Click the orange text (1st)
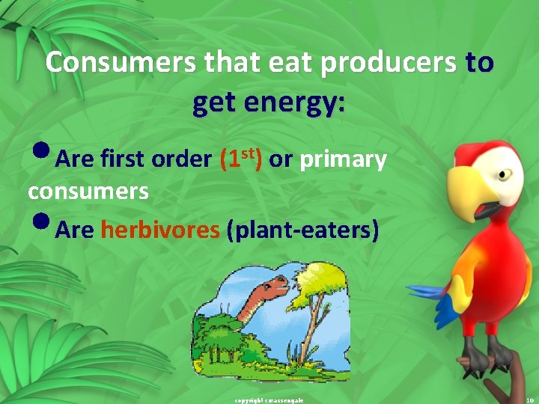coord(241,158)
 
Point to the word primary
coord(343,159)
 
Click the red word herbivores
coord(161,229)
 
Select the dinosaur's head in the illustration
coord(271,284)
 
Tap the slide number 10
coord(529,400)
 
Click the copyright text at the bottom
coord(269,400)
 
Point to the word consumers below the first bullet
coord(88,192)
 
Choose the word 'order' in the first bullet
coord(182,159)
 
